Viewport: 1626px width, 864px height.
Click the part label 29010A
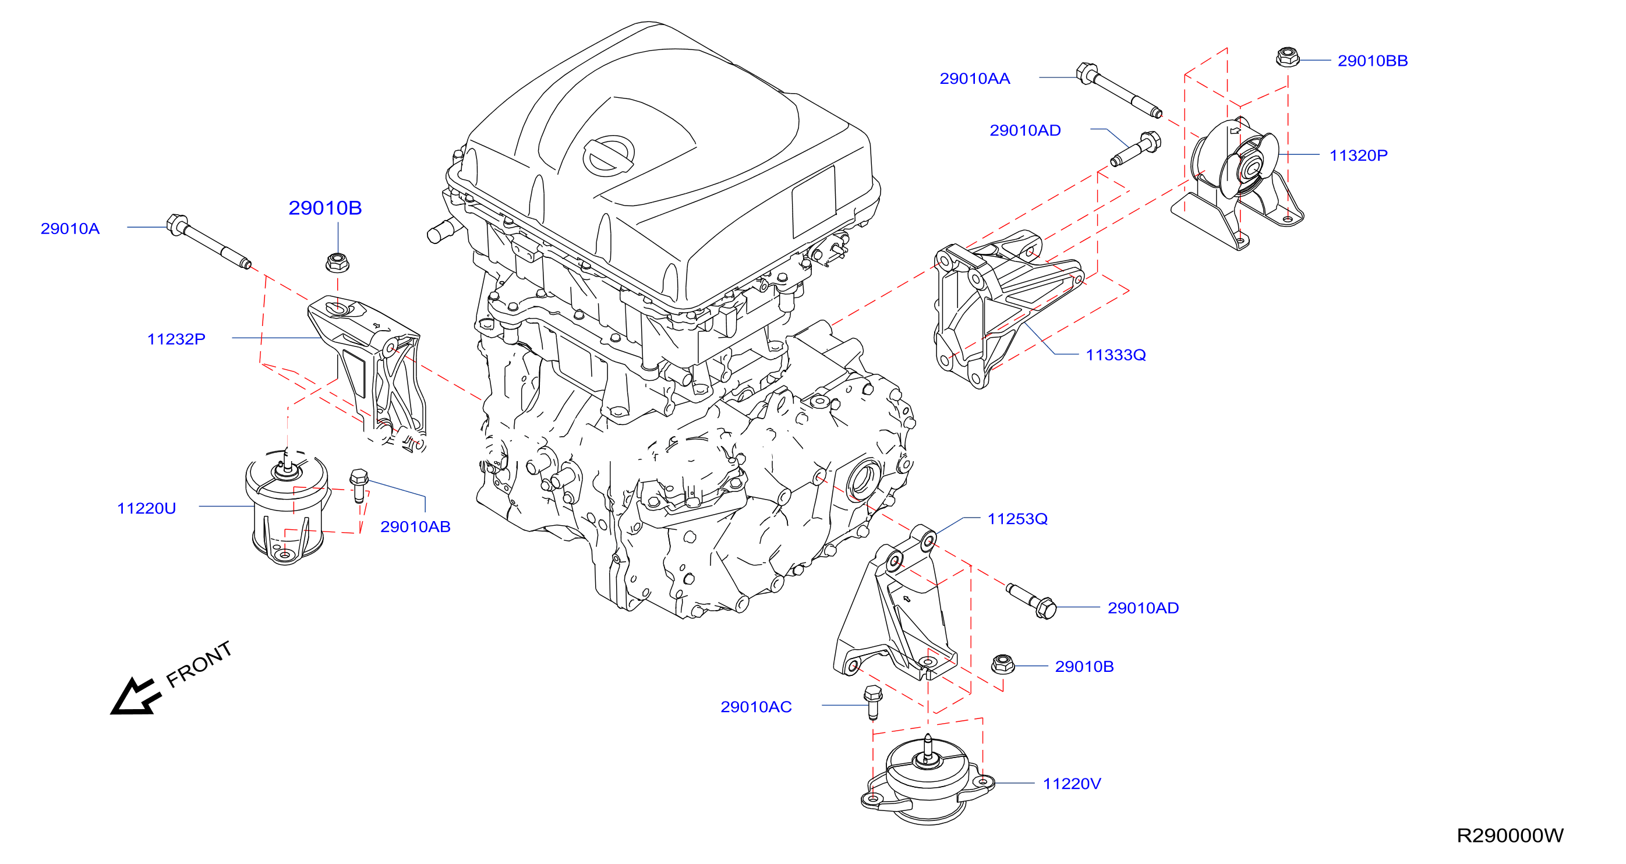[70, 228]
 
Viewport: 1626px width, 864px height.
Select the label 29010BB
[1372, 61]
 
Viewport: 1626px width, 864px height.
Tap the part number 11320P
[1358, 155]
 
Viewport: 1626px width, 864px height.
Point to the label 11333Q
[1115, 355]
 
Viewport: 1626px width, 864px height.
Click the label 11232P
[176, 339]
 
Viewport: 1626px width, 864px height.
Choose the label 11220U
[146, 508]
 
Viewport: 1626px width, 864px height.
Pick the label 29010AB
[415, 526]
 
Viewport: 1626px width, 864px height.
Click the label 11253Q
[1017, 519]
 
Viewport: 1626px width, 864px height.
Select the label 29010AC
[756, 707]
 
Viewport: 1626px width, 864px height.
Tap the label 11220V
[1072, 784]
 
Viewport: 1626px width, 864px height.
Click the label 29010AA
[974, 78]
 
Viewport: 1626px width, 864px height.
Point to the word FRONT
[199, 664]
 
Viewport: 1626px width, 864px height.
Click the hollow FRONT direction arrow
[135, 697]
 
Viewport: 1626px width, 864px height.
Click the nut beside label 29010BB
[1287, 58]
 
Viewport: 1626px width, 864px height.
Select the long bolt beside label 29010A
[208, 241]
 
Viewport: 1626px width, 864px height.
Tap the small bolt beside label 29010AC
[872, 702]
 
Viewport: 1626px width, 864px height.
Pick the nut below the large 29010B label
[338, 262]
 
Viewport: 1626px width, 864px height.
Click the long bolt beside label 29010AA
[1119, 90]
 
